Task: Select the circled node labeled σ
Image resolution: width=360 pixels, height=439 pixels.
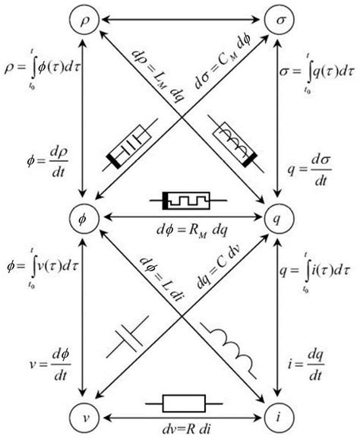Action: (278, 21)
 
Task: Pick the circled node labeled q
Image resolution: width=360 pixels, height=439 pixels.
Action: (278, 218)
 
